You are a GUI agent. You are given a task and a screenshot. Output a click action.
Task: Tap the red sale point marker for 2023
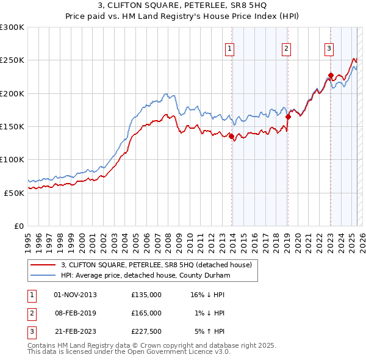point(331,76)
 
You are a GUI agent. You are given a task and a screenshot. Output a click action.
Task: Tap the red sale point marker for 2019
point(288,117)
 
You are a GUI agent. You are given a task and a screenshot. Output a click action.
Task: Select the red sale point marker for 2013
point(232,137)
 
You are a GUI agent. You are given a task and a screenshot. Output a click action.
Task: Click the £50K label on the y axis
point(15,193)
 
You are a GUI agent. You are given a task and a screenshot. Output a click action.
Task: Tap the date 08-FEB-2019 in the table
point(75,313)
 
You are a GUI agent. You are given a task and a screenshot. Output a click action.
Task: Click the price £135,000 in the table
point(146,295)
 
